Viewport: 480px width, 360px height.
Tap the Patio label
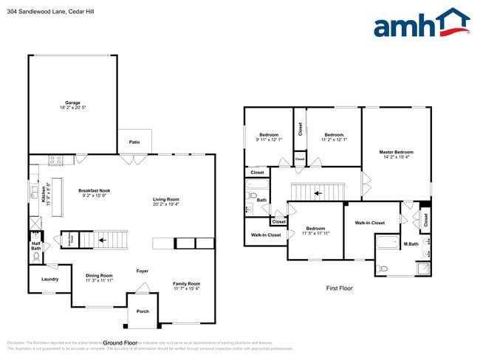coord(134,142)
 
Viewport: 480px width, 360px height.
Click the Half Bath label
coord(35,246)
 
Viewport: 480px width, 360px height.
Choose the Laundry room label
coord(49,279)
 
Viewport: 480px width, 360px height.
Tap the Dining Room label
coord(99,277)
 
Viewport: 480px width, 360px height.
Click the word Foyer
coord(143,271)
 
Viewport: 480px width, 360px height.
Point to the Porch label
coord(143,311)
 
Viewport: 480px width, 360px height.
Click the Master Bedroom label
coord(396,153)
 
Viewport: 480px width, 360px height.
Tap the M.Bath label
coord(411,244)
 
